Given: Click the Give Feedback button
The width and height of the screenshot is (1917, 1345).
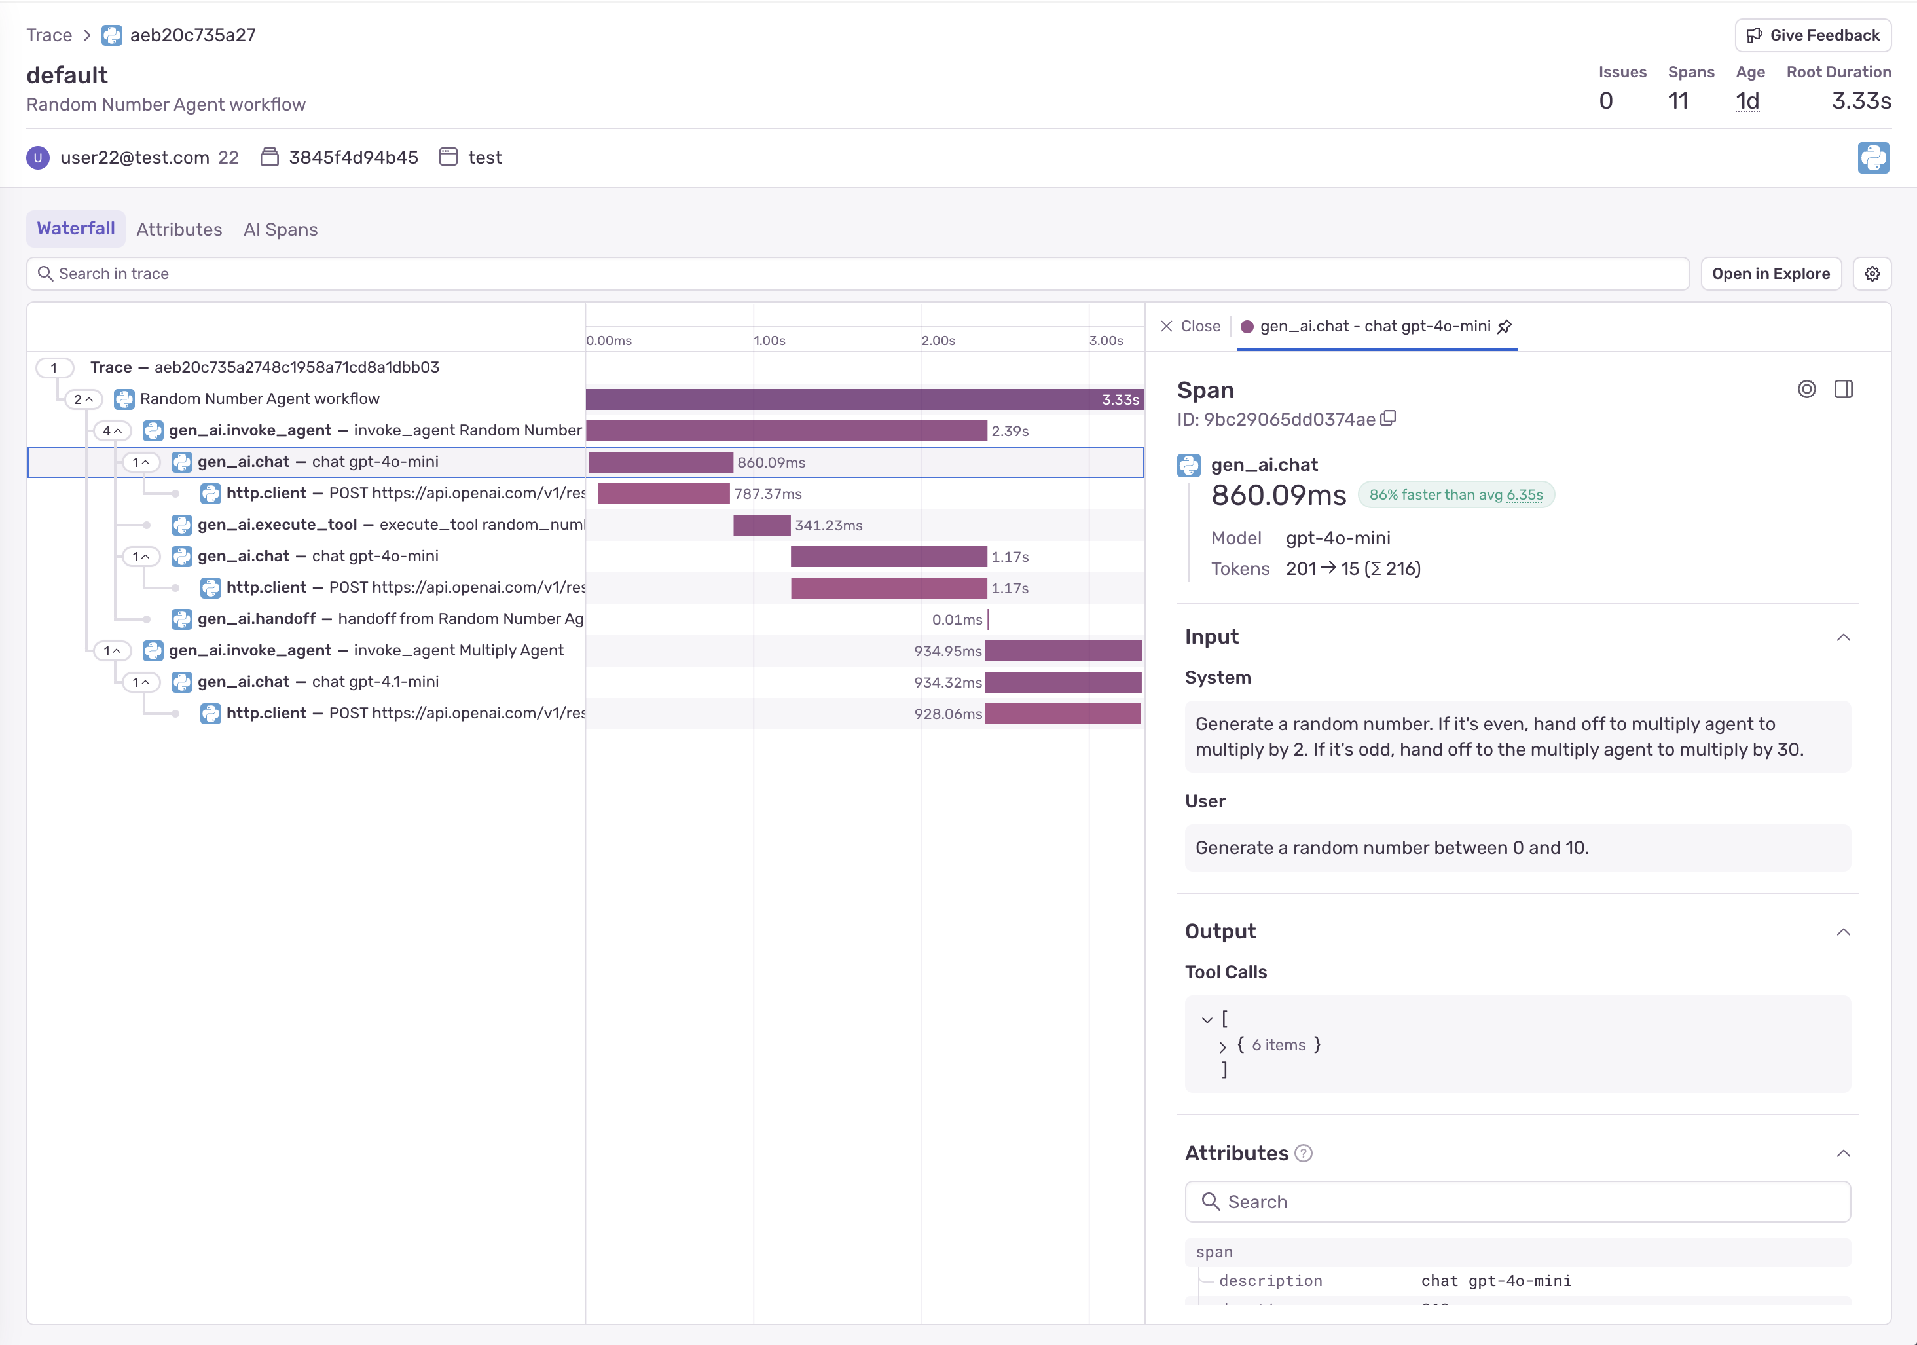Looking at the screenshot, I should point(1813,35).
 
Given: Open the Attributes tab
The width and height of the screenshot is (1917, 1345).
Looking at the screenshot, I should point(179,230).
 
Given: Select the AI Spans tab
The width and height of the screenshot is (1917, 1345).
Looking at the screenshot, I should point(280,230).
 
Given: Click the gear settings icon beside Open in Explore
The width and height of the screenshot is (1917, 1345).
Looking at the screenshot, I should point(1872,274).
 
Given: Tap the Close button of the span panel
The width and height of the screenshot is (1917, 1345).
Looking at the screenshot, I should point(1191,327).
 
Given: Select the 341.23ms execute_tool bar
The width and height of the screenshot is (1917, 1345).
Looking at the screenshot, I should point(761,525).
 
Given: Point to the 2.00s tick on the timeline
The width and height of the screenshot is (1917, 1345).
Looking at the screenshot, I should point(938,341).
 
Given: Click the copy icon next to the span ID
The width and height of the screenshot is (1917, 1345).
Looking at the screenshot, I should point(1389,418).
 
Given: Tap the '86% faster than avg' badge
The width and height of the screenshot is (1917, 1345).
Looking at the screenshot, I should point(1455,495).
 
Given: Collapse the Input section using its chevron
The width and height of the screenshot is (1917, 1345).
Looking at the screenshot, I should point(1844,638).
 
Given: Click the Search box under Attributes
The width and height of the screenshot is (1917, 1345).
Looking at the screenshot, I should point(1517,1202).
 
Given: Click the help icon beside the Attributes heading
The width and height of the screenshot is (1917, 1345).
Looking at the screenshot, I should point(1304,1153).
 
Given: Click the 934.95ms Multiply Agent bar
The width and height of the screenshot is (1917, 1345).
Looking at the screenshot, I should point(1062,651).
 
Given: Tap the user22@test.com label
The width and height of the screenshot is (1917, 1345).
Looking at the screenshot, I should point(134,158).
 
